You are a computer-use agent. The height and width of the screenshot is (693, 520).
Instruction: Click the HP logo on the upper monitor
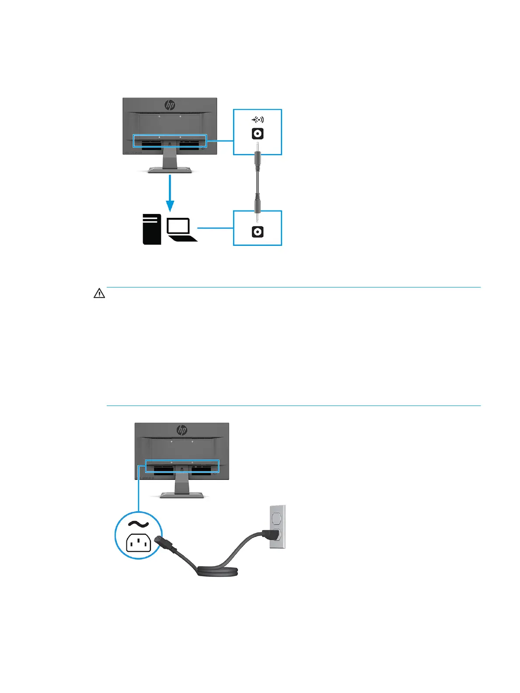pyautogui.click(x=170, y=105)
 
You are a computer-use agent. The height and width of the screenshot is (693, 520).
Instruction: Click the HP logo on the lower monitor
pyautogui.click(x=182, y=430)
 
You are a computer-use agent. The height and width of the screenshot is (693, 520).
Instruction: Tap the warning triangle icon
pyautogui.click(x=99, y=294)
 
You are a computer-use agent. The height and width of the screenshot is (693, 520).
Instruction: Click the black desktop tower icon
pyautogui.click(x=152, y=228)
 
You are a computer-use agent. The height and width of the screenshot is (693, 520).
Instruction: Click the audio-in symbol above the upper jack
pyautogui.click(x=258, y=119)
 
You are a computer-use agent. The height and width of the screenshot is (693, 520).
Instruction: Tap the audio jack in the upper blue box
pyautogui.click(x=258, y=133)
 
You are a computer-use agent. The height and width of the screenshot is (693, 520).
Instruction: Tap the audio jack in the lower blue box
pyautogui.click(x=258, y=231)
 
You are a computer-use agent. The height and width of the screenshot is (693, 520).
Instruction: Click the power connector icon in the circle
pyautogui.click(x=138, y=543)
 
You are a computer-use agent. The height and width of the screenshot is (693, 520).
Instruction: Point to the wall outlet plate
pyautogui.click(x=277, y=527)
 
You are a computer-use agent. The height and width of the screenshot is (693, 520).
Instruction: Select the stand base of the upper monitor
pyautogui.click(x=170, y=170)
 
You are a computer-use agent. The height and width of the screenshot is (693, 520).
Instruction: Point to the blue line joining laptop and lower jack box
pyautogui.click(x=215, y=228)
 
